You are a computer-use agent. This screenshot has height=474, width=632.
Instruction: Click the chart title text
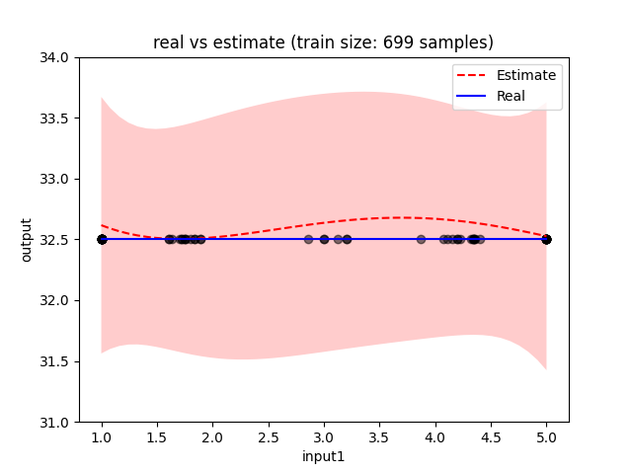pos(323,42)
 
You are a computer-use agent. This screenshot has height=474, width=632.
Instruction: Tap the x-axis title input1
pos(323,457)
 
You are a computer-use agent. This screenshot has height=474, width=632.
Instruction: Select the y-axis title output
pos(27,240)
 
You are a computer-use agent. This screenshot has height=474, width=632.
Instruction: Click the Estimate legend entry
pos(526,75)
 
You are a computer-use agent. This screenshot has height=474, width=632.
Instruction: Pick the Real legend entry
pos(511,96)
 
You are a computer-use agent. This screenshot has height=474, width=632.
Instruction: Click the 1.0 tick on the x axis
pos(102,437)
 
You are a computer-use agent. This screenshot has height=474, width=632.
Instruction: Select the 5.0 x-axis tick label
pos(546,437)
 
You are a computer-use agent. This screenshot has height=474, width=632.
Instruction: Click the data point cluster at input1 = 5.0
pos(546,239)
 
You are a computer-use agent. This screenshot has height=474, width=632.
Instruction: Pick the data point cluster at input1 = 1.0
pos(102,239)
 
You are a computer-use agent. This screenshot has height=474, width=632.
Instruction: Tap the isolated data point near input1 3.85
pos(421,239)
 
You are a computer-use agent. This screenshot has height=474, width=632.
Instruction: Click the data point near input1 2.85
pos(308,239)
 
